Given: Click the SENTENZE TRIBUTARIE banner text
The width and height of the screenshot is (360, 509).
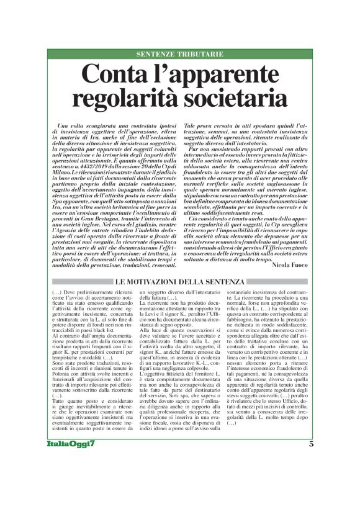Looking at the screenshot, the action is coord(179,55).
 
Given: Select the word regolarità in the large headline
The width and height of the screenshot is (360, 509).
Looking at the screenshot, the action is coord(124,98).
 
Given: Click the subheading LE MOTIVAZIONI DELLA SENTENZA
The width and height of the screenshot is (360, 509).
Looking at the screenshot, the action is coord(180,283).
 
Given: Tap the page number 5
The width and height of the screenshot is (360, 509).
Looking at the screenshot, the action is coord(311,479).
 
